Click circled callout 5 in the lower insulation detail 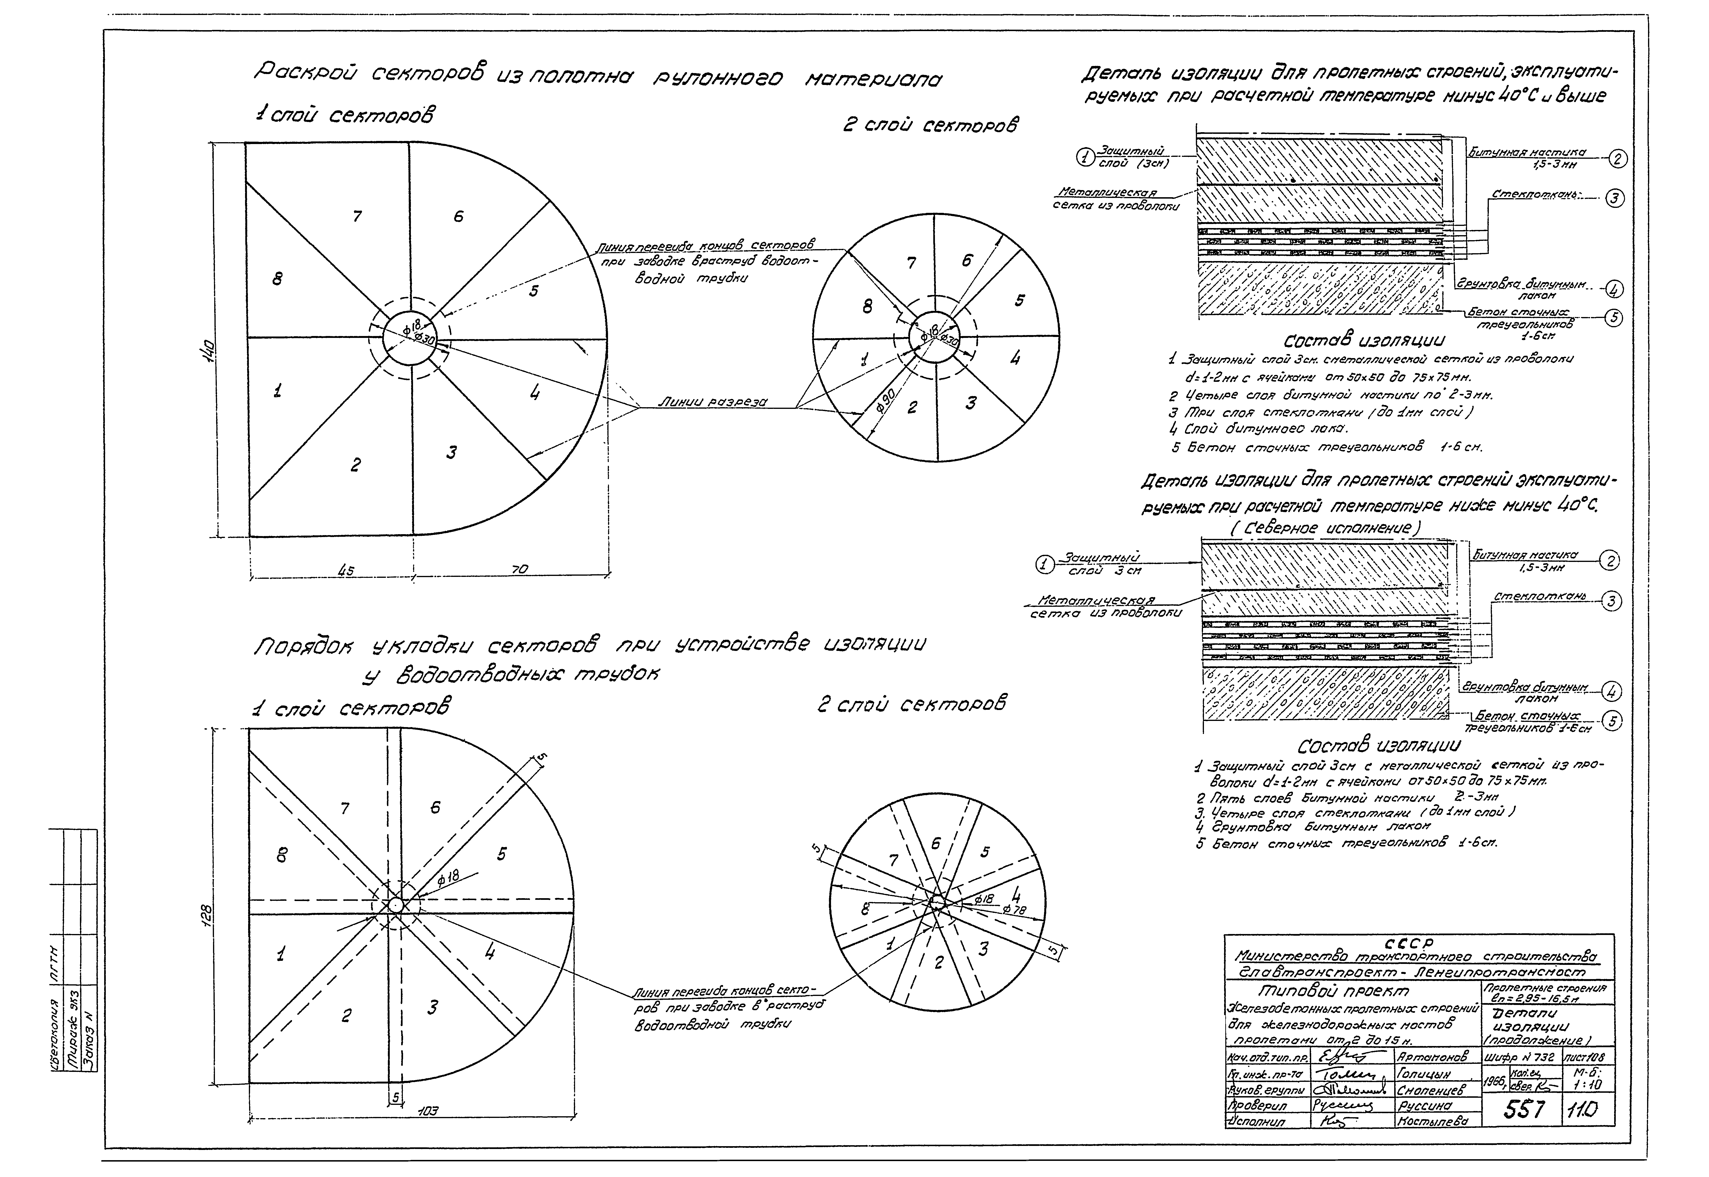(x=1612, y=721)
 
